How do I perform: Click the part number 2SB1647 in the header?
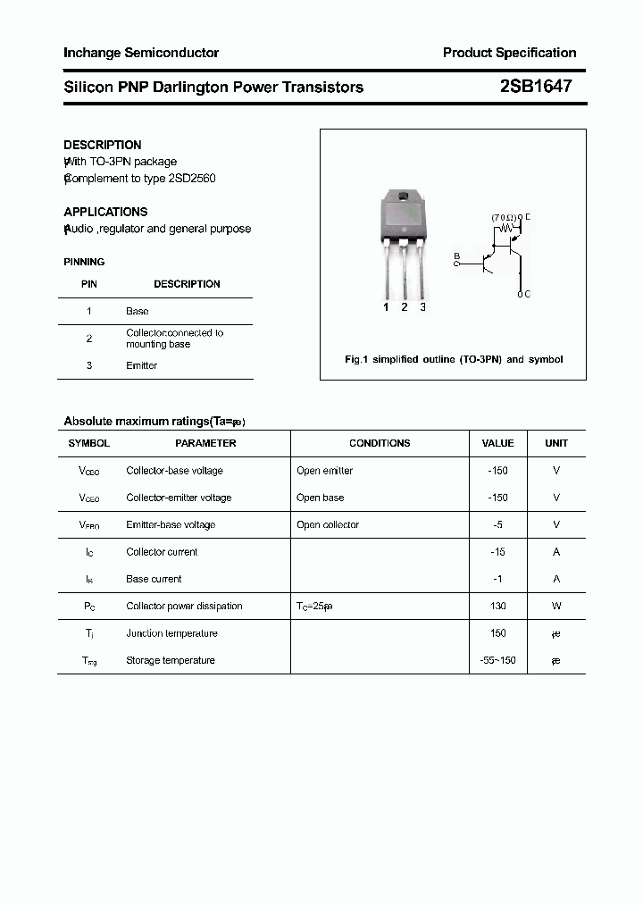click(x=536, y=87)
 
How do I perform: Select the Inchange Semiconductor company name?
click(x=141, y=53)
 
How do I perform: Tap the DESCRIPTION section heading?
click(x=103, y=145)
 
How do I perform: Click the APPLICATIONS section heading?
click(x=105, y=212)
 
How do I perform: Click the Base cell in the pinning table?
click(x=138, y=311)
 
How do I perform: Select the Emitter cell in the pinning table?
click(x=141, y=365)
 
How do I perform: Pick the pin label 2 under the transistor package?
click(x=405, y=307)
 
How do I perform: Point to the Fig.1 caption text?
click(x=454, y=359)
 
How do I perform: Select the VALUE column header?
click(x=497, y=443)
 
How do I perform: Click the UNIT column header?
click(x=556, y=443)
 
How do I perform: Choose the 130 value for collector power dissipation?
click(x=497, y=606)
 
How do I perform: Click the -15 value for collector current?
click(x=497, y=552)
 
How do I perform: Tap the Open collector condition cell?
click(x=328, y=524)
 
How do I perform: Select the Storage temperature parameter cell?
click(x=171, y=660)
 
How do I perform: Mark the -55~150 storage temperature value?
click(x=497, y=660)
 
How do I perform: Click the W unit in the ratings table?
click(x=556, y=606)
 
